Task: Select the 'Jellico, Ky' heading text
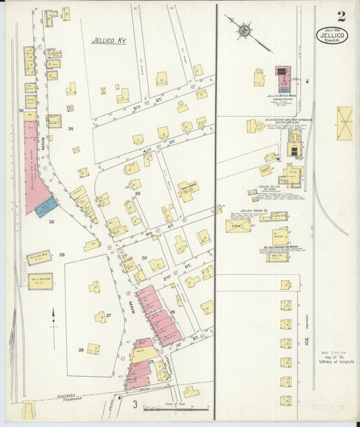[109, 41]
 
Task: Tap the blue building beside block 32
[45, 207]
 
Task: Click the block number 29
[61, 255]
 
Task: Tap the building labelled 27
[101, 317]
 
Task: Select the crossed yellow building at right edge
[344, 124]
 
